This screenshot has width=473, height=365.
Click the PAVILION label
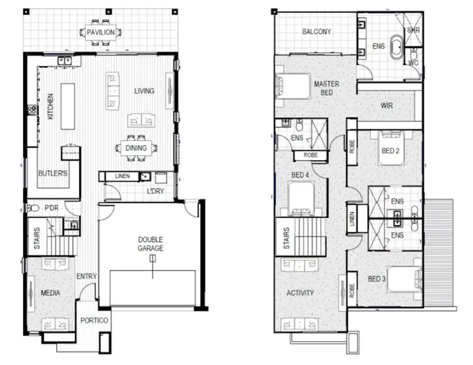pos(101,32)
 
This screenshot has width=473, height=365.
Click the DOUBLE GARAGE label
pos(151,244)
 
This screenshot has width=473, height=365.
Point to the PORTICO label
pos(95,321)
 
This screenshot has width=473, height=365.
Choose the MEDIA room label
pos(50,293)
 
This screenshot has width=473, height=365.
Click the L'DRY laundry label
pos(155,191)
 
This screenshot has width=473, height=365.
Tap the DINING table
pos(136,148)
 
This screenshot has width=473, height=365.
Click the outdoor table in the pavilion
pos(101,32)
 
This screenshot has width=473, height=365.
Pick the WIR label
pos(386,106)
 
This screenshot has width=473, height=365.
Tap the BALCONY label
pos(317,32)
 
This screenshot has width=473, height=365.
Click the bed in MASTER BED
pos(291,84)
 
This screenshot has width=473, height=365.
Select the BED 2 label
pos(390,151)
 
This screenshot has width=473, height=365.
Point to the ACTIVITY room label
pos(300,293)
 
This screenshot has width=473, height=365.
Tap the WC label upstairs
pos(413,62)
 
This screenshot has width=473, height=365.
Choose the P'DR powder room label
pos(50,207)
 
